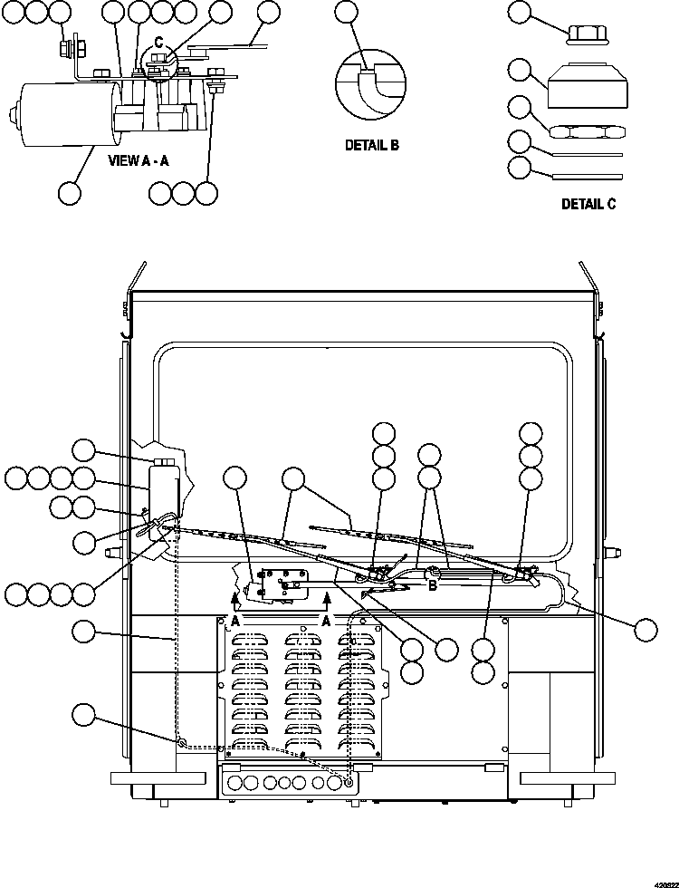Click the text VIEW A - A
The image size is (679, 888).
[137, 160]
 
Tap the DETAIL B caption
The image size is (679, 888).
[371, 145]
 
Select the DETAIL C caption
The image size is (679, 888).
[588, 204]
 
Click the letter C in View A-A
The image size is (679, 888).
[158, 41]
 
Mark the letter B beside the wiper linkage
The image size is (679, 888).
[434, 586]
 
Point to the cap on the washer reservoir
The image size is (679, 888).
[165, 464]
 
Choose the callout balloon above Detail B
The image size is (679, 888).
[346, 12]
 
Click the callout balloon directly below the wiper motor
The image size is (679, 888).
[70, 192]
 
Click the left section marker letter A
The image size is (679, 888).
[234, 621]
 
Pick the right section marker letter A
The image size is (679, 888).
[324, 621]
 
